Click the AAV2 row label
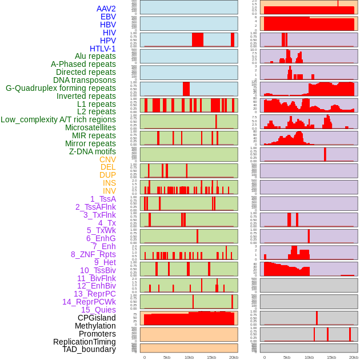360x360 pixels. click(106, 9)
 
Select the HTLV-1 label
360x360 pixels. click(102, 49)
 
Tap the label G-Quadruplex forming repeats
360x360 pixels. click(61, 88)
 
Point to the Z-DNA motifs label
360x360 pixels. click(92, 151)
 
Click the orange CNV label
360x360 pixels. click(107, 159)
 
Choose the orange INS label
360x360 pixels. click(109, 183)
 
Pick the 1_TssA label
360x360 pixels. click(103, 199)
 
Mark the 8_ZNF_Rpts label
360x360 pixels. click(93, 254)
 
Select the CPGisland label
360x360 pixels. click(97, 318)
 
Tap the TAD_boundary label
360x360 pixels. click(89, 349)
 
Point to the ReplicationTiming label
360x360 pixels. click(84, 342)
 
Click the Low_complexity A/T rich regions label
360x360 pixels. click(58, 119)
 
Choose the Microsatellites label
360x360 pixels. click(90, 127)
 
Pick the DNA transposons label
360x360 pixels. click(85, 80)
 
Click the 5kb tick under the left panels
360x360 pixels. click(167, 357)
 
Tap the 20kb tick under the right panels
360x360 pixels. click(353, 357)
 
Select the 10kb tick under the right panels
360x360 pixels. click(309, 357)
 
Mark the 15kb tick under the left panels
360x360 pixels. click(211, 357)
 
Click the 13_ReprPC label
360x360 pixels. click(94, 294)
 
